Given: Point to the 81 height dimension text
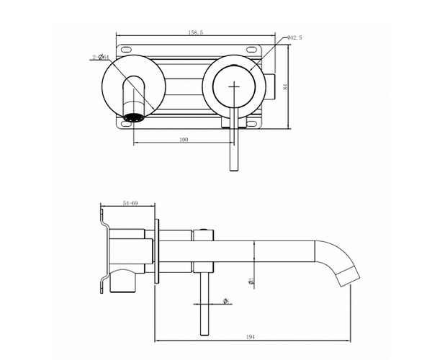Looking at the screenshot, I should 287,87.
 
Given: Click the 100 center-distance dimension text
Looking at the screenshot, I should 183,139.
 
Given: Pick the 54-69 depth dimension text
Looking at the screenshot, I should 130,204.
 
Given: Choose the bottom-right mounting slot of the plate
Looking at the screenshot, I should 251,123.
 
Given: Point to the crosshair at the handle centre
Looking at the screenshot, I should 233,86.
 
